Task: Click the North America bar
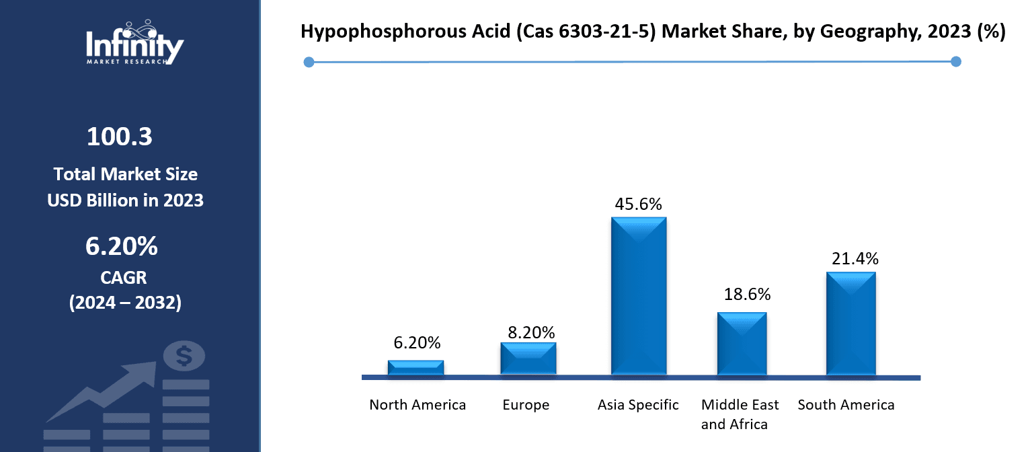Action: pos(415,367)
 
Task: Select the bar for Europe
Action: pos(528,359)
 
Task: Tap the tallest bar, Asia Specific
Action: pos(639,296)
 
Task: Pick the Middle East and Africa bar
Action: pos(742,343)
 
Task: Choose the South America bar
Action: pos(850,323)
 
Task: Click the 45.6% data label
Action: pos(638,204)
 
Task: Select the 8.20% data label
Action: pos(531,332)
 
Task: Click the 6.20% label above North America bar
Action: pos(417,343)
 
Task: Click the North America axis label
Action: pos(418,405)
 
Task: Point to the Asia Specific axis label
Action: pos(638,405)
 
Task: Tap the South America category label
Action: pos(846,405)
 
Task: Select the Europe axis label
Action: pos(526,405)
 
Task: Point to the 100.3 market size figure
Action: pos(120,137)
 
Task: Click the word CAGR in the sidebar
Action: pos(124,276)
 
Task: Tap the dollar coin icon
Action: pos(184,355)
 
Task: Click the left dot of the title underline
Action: pos(309,63)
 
